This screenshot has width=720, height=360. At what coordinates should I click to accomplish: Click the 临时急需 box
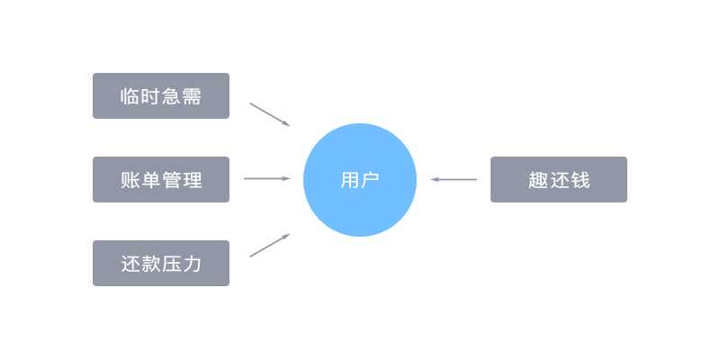tap(161, 96)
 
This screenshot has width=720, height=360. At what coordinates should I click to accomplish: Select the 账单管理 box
tap(161, 179)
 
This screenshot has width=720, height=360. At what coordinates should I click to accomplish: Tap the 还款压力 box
tap(161, 263)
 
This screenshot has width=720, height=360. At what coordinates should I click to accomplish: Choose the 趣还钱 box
tap(559, 179)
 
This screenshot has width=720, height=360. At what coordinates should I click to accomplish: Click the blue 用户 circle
tap(360, 180)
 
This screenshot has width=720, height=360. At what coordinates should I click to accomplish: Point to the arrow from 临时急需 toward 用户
tap(270, 114)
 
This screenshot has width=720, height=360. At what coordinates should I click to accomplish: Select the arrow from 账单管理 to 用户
tap(267, 178)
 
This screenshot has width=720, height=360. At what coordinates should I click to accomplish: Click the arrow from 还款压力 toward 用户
tap(270, 245)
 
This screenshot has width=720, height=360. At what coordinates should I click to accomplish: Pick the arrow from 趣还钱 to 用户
tap(454, 179)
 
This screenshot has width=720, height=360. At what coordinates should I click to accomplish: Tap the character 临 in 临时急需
tap(130, 96)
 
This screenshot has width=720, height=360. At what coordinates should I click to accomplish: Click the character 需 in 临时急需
tap(192, 96)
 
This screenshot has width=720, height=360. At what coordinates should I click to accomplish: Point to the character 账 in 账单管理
tap(130, 180)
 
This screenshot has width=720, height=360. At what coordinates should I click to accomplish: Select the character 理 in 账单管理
tap(193, 180)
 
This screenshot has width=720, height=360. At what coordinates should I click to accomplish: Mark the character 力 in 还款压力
tap(192, 264)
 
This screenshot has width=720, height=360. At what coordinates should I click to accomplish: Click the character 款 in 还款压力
tap(150, 264)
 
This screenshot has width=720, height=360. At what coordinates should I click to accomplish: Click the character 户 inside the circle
tap(370, 180)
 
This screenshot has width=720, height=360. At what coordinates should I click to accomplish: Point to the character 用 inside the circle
tap(349, 180)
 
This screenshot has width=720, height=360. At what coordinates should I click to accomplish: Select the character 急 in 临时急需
tap(171, 96)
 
